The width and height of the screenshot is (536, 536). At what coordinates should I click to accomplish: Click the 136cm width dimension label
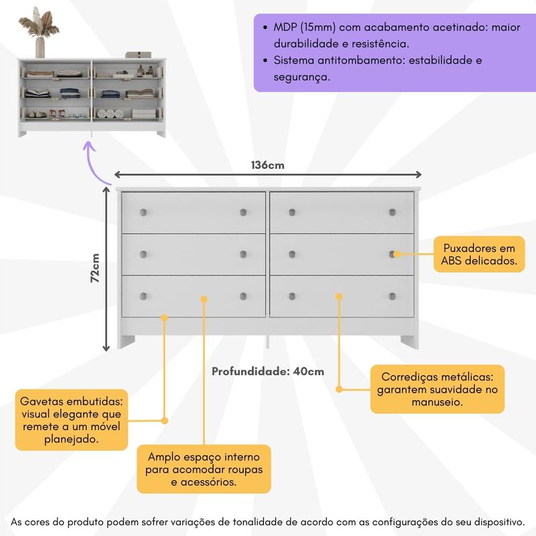pos(267,165)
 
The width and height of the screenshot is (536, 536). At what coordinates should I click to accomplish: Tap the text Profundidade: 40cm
pos(268,371)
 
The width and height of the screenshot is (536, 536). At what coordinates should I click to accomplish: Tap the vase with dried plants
pos(40,33)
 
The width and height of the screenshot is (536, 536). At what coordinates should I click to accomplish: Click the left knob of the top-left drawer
pos(143,212)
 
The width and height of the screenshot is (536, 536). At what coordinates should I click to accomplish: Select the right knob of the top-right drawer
pos(392,212)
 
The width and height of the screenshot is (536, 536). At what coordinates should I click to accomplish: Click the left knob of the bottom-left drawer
pos(143,295)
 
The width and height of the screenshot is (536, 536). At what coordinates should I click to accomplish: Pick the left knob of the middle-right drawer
pos(292,254)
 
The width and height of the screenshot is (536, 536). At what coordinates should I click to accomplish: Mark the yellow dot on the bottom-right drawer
pos(339,295)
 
